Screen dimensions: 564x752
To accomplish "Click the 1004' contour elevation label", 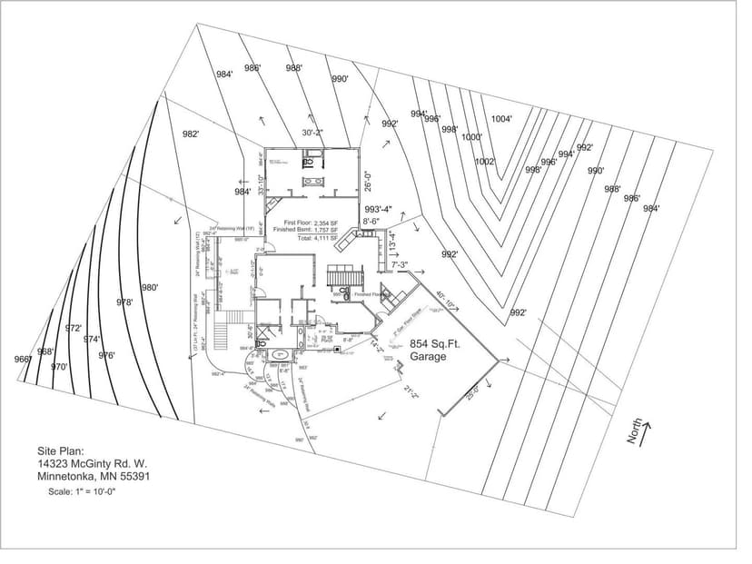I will click(x=501, y=118).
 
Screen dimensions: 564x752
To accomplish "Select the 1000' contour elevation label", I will click(x=471, y=137).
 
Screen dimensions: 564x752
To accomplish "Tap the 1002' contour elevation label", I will click(x=485, y=162).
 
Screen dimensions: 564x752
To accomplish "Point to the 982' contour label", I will click(x=191, y=134).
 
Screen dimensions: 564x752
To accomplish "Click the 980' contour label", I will click(x=150, y=287).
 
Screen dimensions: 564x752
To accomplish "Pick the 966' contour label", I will click(x=23, y=360).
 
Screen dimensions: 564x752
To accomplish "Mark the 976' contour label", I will click(x=106, y=355).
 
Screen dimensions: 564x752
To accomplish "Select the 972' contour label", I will click(x=74, y=328).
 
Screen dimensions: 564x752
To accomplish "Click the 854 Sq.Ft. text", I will click(x=430, y=344).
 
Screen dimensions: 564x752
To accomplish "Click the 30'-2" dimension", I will click(x=312, y=133).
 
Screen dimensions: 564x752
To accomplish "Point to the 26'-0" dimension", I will click(x=368, y=181).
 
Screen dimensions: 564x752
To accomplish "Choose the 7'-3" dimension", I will click(x=400, y=265).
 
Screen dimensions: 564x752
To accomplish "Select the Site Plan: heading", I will click(x=60, y=450).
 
